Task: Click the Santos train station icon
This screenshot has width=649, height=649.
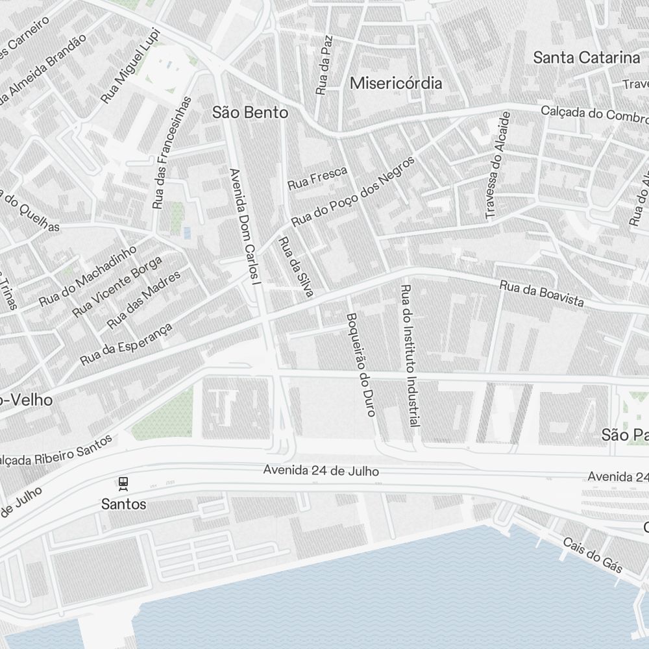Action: tap(123, 484)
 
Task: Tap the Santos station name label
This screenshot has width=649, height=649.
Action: tap(123, 504)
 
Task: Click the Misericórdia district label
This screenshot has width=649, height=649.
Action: tap(396, 83)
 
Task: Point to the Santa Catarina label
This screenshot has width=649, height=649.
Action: tap(586, 57)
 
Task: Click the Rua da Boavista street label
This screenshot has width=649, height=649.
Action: tap(541, 294)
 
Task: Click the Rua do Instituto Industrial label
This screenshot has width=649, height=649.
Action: tap(409, 355)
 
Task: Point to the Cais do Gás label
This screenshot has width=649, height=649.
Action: tap(592, 556)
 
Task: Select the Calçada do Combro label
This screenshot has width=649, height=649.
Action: tap(594, 114)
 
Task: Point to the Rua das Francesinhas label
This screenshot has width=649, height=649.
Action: tap(172, 153)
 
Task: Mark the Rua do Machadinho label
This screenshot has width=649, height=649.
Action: tap(88, 276)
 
